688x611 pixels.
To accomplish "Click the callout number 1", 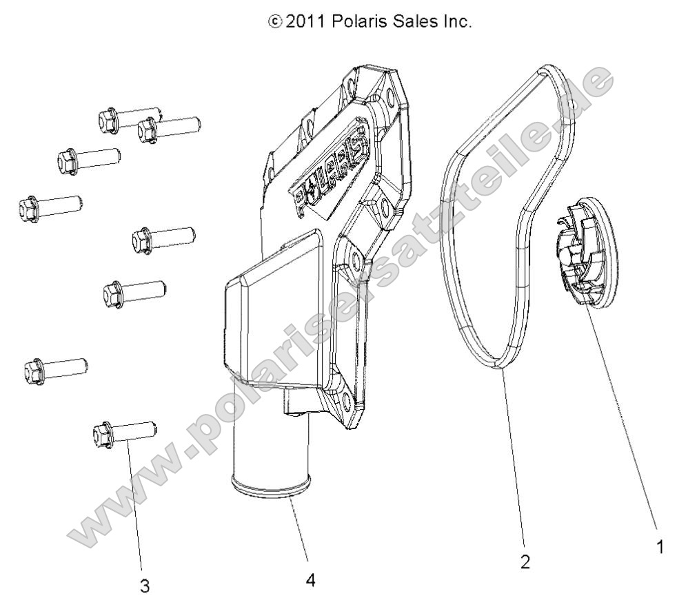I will (660, 548).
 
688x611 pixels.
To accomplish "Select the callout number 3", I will (145, 586).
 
